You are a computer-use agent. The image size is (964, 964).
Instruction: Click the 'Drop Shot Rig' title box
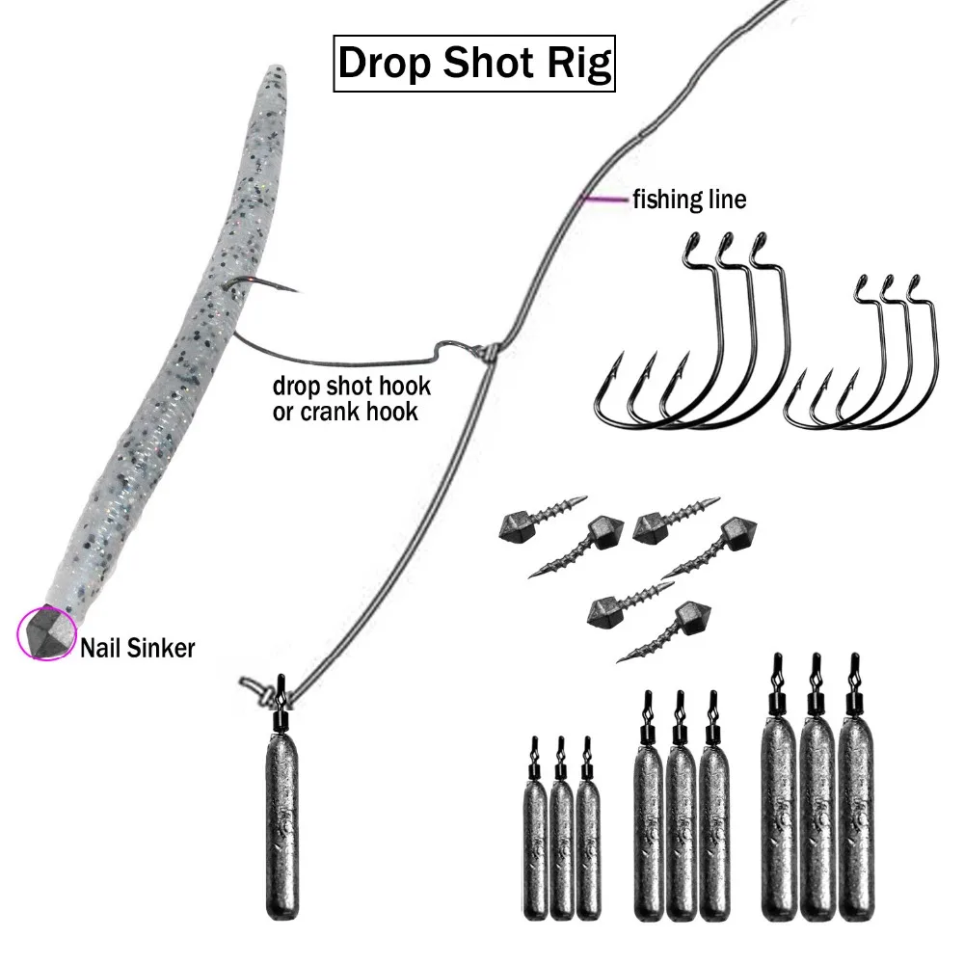coord(474,64)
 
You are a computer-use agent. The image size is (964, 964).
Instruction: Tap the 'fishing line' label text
coord(688,200)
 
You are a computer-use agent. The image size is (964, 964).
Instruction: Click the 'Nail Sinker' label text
coord(137,648)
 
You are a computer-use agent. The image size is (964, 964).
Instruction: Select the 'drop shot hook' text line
coord(352,387)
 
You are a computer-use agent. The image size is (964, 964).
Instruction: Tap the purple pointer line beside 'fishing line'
coord(603,200)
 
